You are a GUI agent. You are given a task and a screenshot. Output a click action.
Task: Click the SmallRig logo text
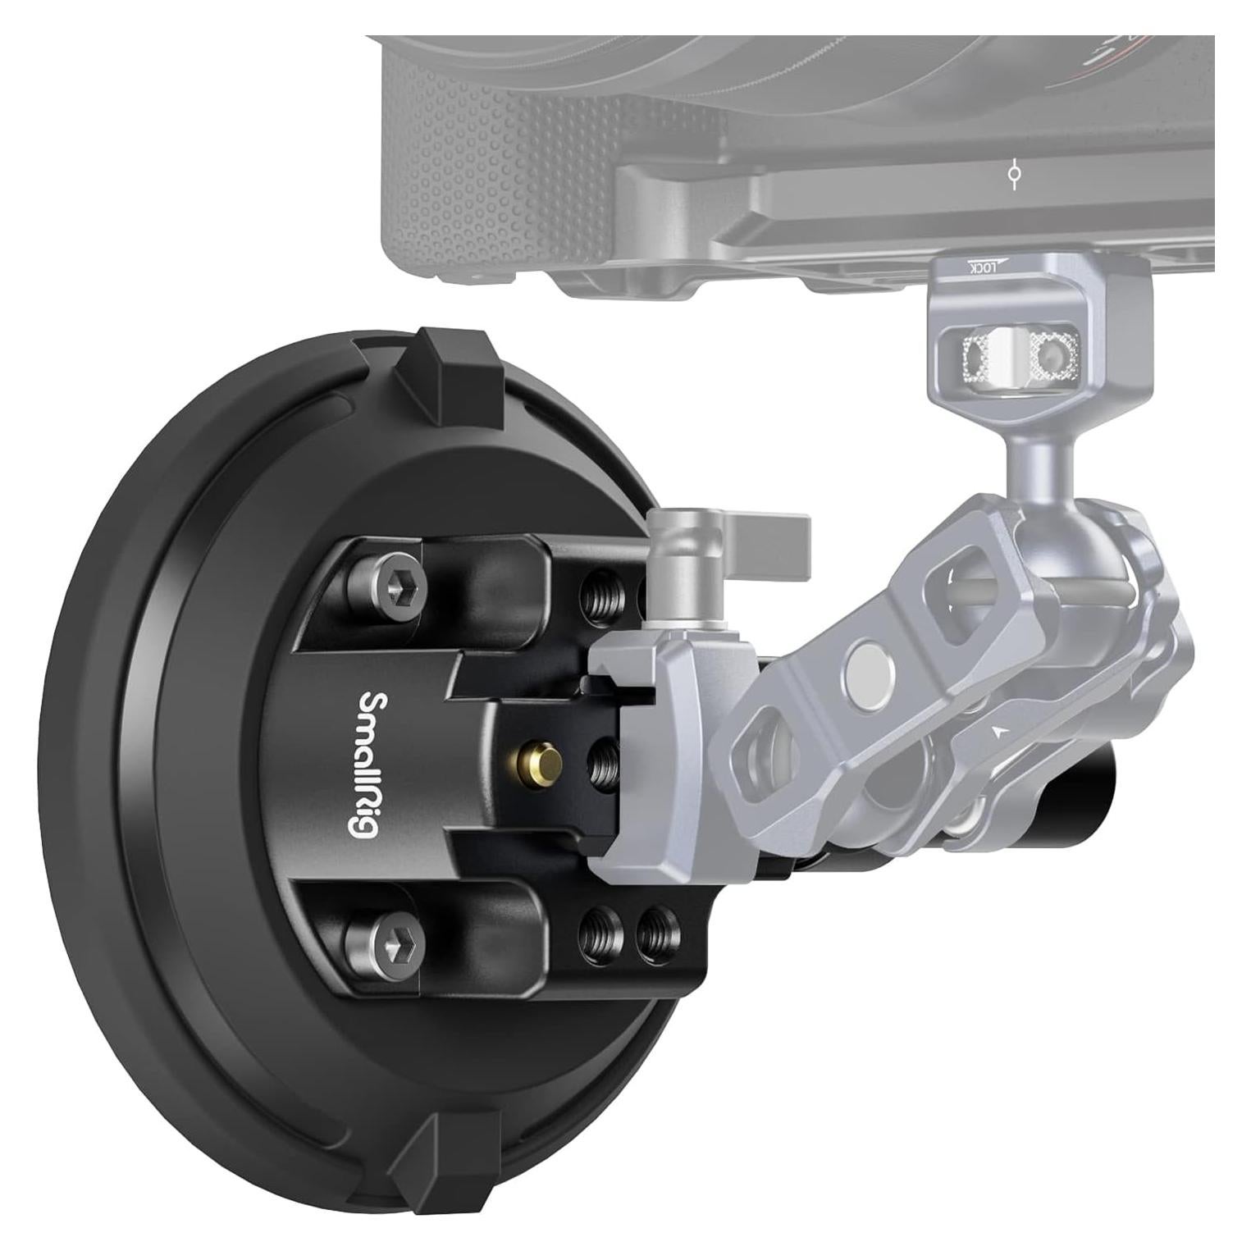[x=362, y=763]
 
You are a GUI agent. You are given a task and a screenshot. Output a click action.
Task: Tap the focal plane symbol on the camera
[x=1015, y=174]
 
